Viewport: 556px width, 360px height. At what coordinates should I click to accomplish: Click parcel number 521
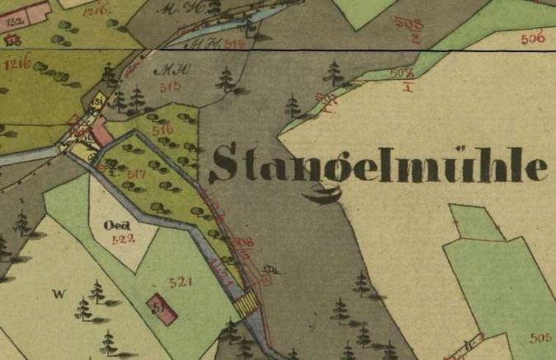(180, 283)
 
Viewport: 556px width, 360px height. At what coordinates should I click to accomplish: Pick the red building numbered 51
(161, 308)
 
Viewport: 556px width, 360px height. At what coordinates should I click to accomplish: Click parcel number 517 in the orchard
(138, 174)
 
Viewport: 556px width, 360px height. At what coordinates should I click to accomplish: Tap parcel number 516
(162, 130)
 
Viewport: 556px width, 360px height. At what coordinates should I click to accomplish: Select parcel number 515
(171, 86)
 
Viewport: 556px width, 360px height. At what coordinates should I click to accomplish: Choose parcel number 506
(533, 39)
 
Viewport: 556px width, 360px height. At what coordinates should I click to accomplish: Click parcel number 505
(540, 338)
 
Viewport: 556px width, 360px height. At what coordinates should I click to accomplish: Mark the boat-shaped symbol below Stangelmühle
(321, 194)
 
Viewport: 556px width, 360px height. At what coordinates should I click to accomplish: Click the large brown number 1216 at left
(17, 62)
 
